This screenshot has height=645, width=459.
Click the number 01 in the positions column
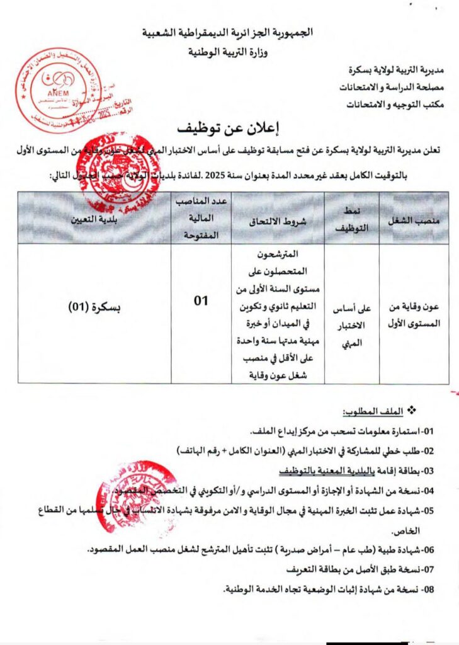[x=200, y=301]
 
